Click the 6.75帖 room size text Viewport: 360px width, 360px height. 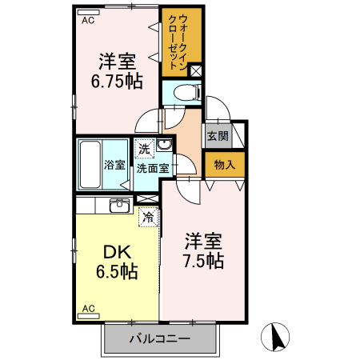pyautogui.click(x=117, y=81)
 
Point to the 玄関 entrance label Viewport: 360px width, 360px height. pyautogui.click(x=218, y=135)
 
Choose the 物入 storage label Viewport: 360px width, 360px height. pyautogui.click(x=225, y=165)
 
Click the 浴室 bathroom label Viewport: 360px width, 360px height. pyautogui.click(x=114, y=166)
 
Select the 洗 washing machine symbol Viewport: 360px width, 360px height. pyautogui.click(x=144, y=148)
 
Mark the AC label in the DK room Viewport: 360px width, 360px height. pyautogui.click(x=89, y=309)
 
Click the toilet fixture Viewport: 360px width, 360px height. pyautogui.click(x=183, y=92)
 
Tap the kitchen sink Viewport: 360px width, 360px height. pyautogui.click(x=118, y=205)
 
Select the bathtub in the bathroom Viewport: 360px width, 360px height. pyautogui.click(x=90, y=166)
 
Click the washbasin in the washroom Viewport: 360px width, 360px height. pyautogui.click(x=164, y=146)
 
